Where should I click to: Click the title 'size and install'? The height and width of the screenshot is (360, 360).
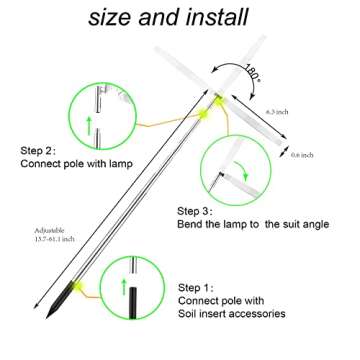pyautogui.click(x=180, y=18)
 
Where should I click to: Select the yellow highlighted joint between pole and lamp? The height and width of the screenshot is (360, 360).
pyautogui.click(x=213, y=103)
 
